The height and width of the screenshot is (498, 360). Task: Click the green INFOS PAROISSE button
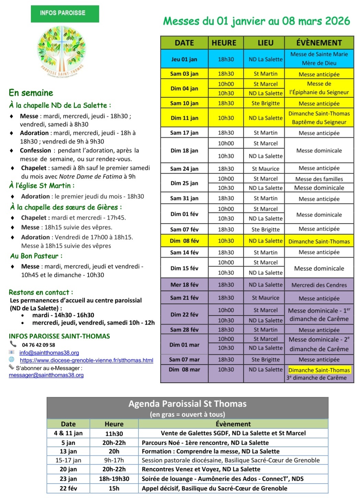[x=65, y=13]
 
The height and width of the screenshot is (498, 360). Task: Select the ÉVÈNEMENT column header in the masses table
[x=319, y=43]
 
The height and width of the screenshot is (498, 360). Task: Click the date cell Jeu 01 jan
[x=184, y=59]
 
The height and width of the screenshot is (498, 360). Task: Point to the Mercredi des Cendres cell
[x=319, y=285]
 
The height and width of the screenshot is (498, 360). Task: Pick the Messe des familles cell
[x=319, y=179]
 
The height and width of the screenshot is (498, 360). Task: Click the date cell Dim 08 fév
[x=184, y=241]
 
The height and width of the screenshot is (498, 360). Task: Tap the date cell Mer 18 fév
[x=184, y=285]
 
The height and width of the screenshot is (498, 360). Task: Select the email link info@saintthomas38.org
[x=49, y=353]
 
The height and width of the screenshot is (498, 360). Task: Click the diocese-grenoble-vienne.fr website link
[x=86, y=360]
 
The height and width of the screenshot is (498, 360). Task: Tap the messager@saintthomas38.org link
[x=46, y=375]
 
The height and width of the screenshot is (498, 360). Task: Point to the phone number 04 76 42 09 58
[x=38, y=345]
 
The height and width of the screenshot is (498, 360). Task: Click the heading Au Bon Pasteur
[x=36, y=256]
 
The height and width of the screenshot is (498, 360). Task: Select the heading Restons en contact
[x=41, y=292]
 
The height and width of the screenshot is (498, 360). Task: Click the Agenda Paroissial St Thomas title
[x=187, y=404]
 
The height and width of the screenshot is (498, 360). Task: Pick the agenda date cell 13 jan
[x=68, y=451]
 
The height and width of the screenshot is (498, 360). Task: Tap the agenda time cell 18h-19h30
[x=114, y=479]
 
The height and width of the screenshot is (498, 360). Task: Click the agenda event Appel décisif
[x=214, y=488]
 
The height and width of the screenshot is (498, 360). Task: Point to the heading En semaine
[x=31, y=93]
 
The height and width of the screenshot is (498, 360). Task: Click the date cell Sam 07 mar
[x=184, y=360]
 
